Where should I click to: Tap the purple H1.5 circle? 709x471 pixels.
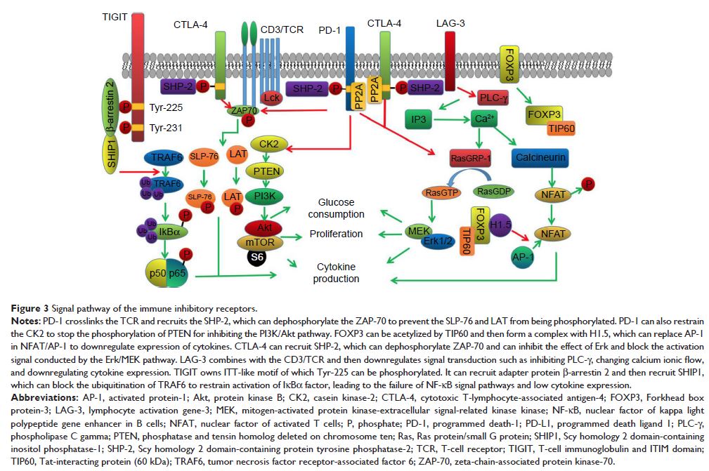(x=501, y=225)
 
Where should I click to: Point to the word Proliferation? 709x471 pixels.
(x=337, y=233)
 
